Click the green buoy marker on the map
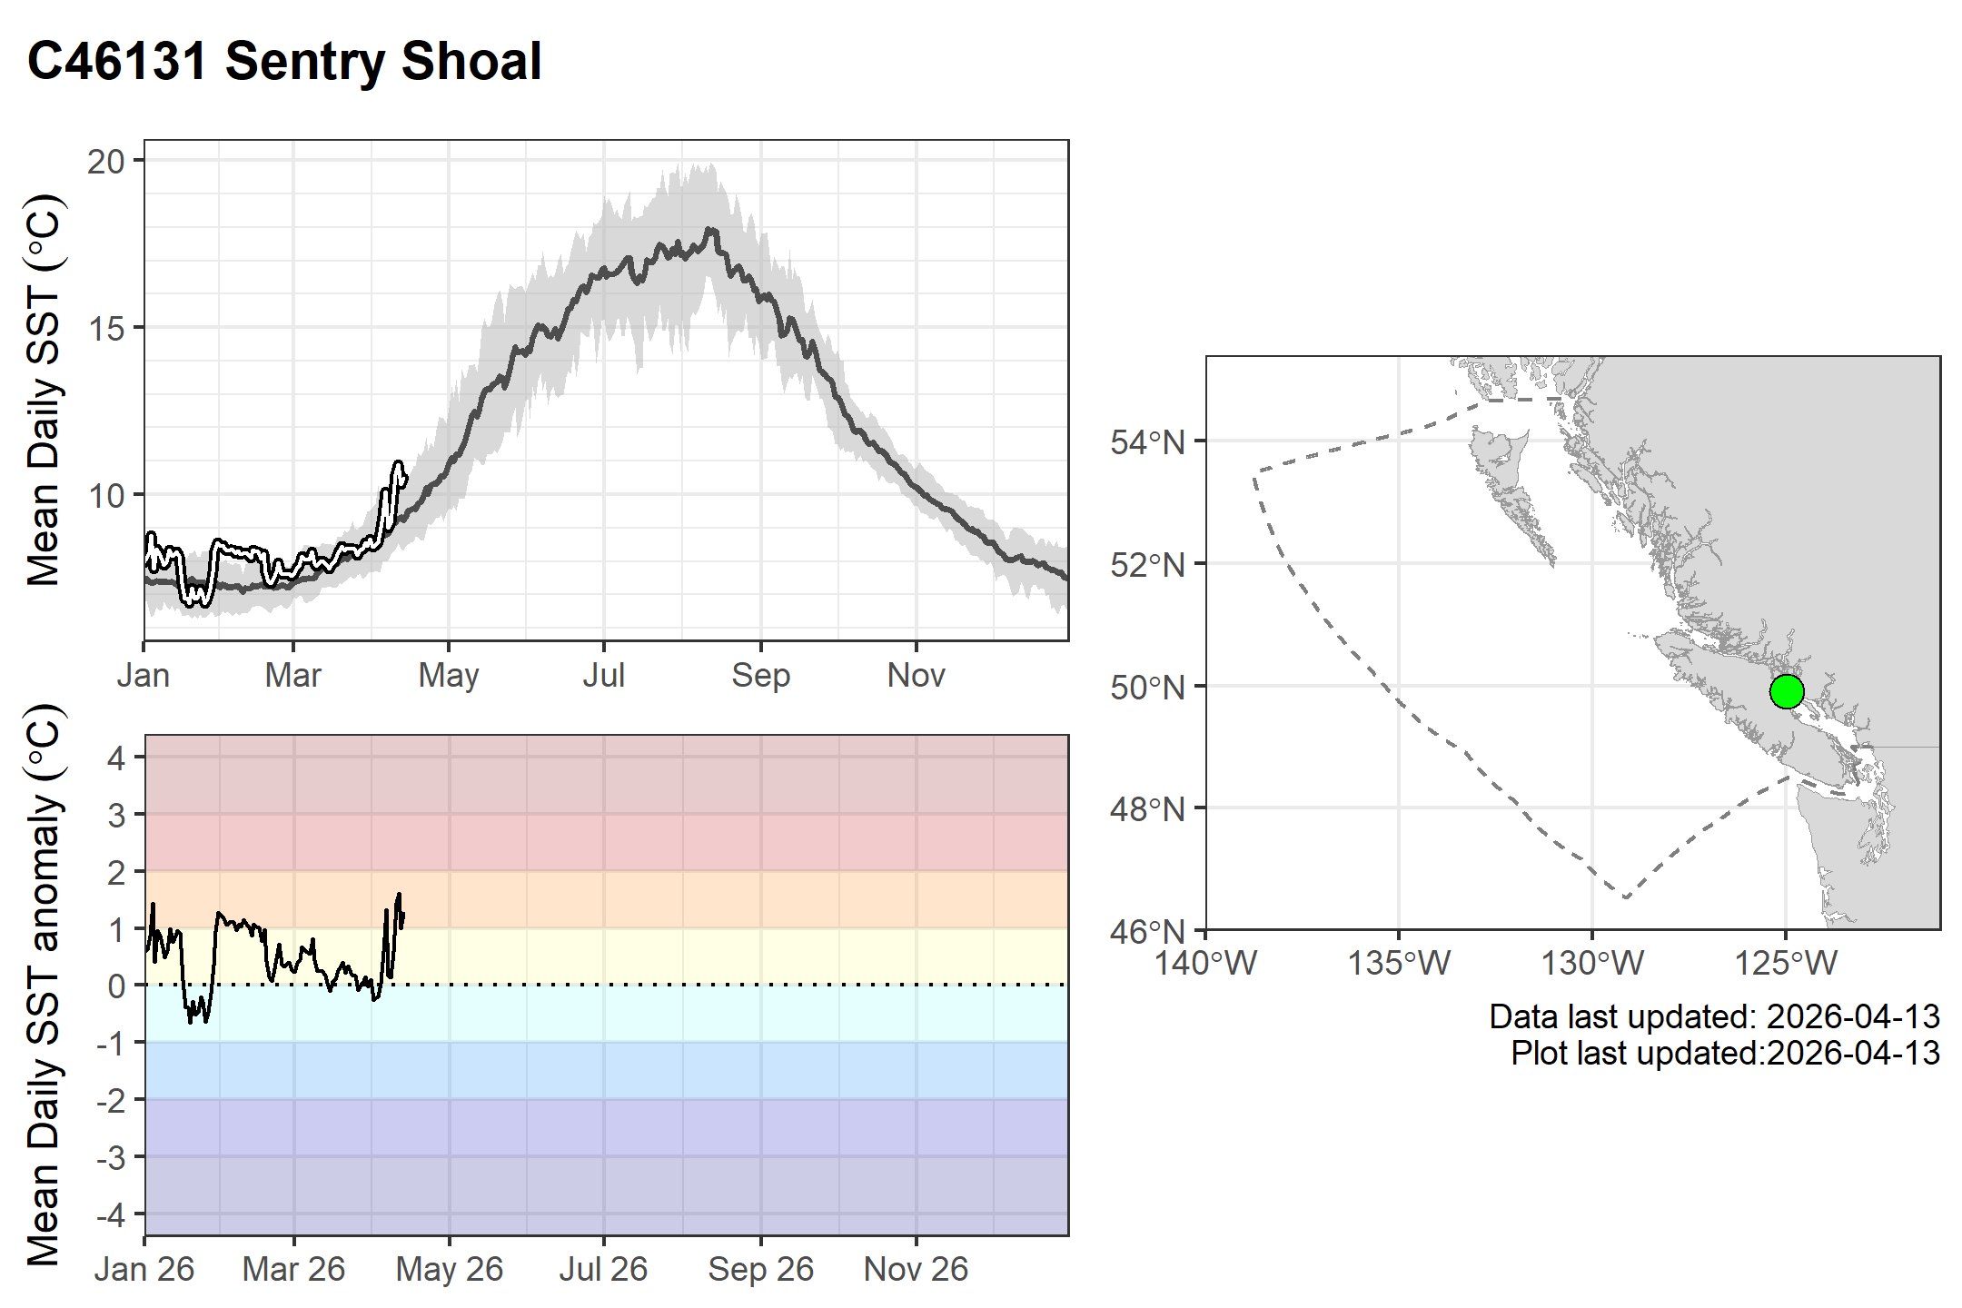point(1786,691)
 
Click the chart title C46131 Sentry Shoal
point(284,62)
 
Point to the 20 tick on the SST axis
point(106,162)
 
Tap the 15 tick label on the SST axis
point(106,329)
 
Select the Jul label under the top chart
point(604,676)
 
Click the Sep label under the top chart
point(761,676)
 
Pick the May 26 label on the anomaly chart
point(449,1269)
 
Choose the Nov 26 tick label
point(916,1269)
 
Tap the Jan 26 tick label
point(144,1269)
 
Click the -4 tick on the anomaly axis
point(113,1214)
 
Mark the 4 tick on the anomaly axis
point(116,758)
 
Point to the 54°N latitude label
point(1147,443)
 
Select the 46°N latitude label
point(1147,931)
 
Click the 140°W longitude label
point(1205,963)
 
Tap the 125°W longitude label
point(1786,963)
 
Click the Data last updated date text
point(1714,1016)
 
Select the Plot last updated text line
point(1725,1053)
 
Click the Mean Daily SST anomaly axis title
point(43,985)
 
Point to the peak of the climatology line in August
point(711,230)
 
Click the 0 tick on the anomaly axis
point(116,986)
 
